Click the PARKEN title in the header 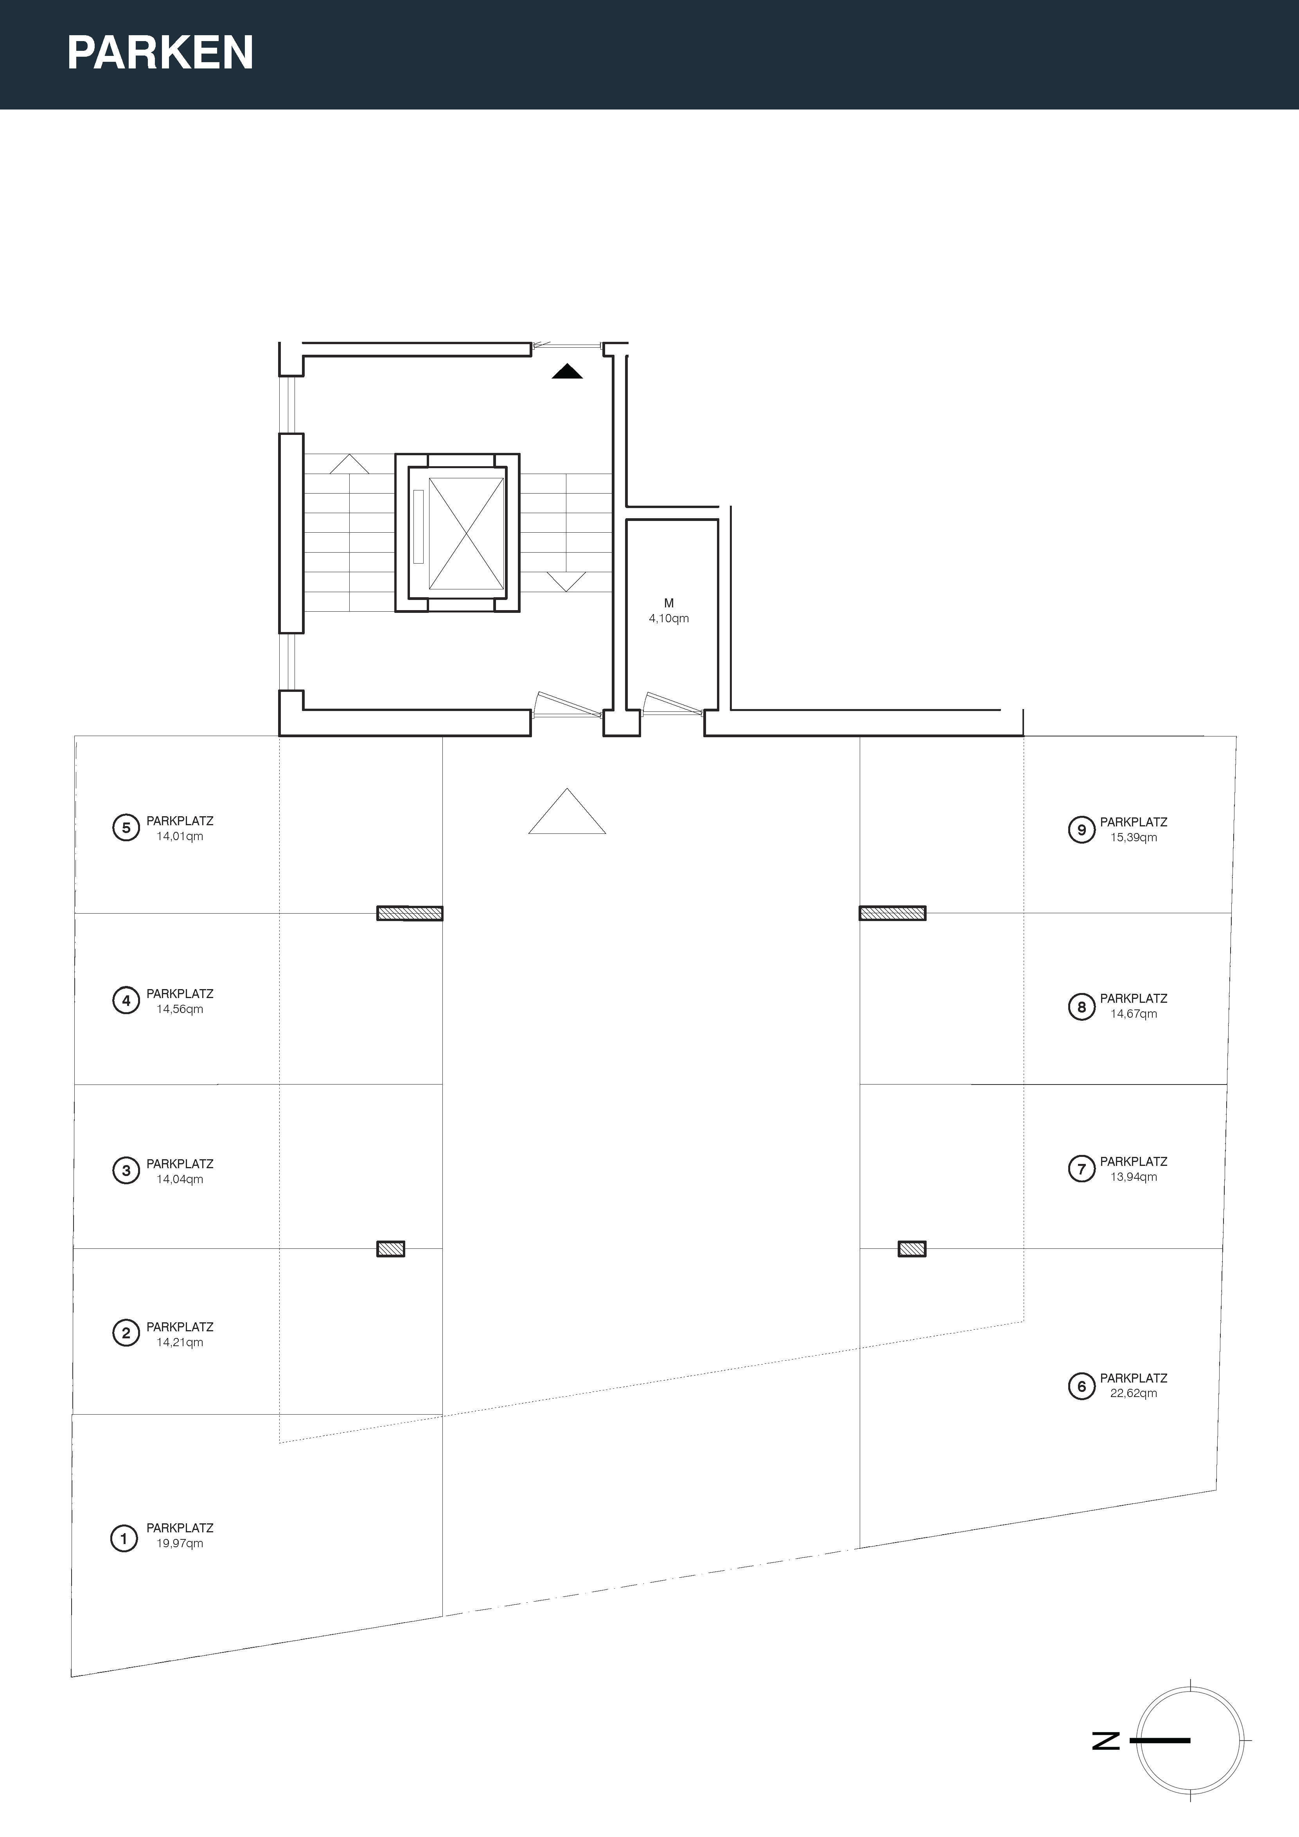(160, 53)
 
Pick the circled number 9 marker (1081, 830)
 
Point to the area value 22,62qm (1133, 1393)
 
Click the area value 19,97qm (180, 1543)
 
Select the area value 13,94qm (1133, 1177)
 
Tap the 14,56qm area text (180, 1009)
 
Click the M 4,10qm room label (669, 611)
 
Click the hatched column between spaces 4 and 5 (410, 913)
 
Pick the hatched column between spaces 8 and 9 (893, 913)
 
